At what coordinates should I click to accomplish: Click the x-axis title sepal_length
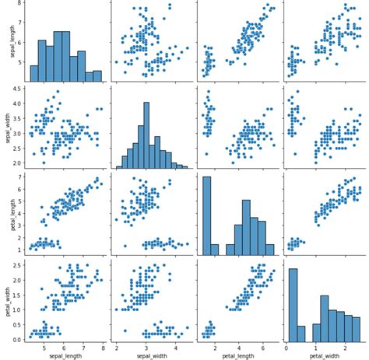coord(65,355)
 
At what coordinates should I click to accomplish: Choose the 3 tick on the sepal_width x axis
coord(146,348)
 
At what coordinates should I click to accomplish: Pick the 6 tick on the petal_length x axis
coord(262,348)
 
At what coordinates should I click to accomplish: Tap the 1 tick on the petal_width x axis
coord(315,348)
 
